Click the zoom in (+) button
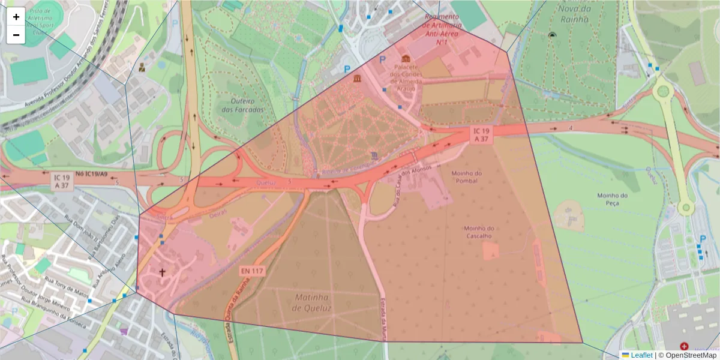[16, 17]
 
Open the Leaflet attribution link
[641, 355]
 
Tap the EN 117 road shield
[252, 271]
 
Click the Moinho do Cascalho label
[478, 232]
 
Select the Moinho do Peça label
[612, 199]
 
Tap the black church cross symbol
[162, 272]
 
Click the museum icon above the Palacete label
[406, 59]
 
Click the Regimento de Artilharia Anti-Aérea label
[442, 29]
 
